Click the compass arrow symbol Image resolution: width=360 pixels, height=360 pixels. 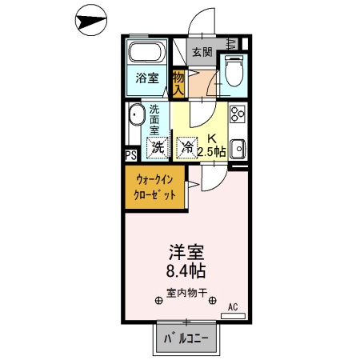coord(90,20)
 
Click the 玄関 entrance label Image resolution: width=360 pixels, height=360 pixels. coord(202,53)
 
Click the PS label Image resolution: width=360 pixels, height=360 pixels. coord(130,156)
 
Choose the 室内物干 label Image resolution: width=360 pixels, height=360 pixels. coord(186,294)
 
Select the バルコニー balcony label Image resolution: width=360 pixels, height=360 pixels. coord(186,339)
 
